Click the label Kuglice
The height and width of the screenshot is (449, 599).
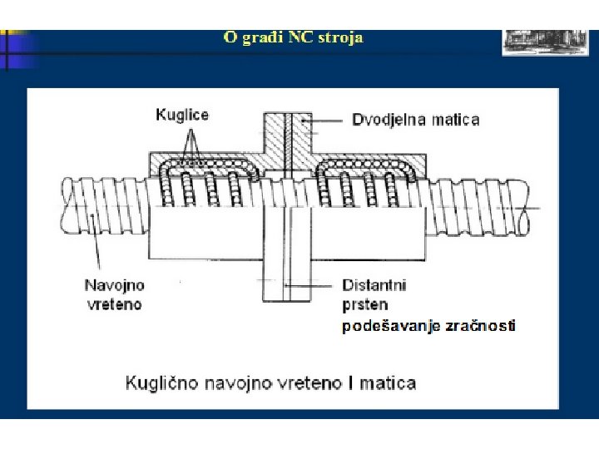click(x=182, y=115)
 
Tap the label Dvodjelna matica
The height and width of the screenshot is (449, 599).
click(x=415, y=120)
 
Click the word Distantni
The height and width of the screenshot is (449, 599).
click(x=374, y=285)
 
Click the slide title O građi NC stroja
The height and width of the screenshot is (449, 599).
click(x=293, y=37)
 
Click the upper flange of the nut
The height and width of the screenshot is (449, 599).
click(x=287, y=133)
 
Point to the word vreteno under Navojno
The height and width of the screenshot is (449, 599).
click(x=115, y=304)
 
